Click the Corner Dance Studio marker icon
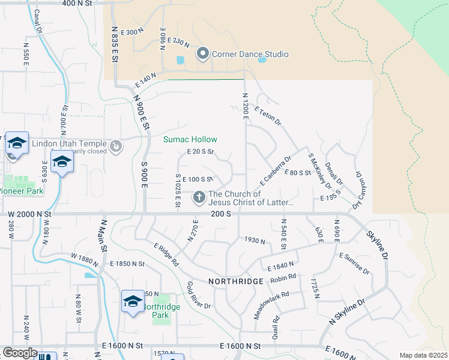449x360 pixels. pyautogui.click(x=202, y=55)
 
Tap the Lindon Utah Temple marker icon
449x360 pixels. pyautogui.click(x=116, y=145)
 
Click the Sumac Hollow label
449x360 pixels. pyautogui.click(x=190, y=140)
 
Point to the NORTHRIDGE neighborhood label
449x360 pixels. pyautogui.click(x=236, y=281)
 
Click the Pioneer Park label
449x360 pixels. pyautogui.click(x=21, y=191)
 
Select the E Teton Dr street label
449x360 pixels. pyautogui.click(x=268, y=116)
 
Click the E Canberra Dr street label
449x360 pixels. pyautogui.click(x=275, y=171)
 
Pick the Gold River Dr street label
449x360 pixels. pyautogui.click(x=199, y=295)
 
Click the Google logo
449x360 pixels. pyautogui.click(x=20, y=353)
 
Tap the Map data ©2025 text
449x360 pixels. pyautogui.click(x=423, y=355)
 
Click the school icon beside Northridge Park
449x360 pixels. pyautogui.click(x=133, y=301)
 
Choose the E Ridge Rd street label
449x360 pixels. pyautogui.click(x=166, y=254)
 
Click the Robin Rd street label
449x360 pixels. pyautogui.click(x=283, y=278)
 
